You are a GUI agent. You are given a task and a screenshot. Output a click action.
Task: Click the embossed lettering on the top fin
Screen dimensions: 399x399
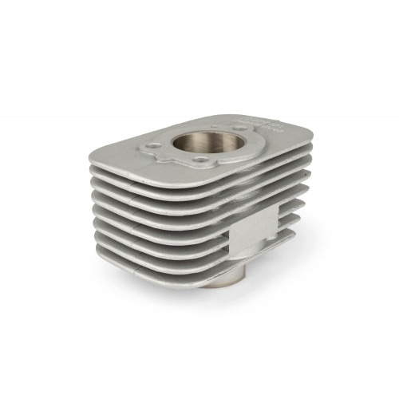point(263,124)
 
